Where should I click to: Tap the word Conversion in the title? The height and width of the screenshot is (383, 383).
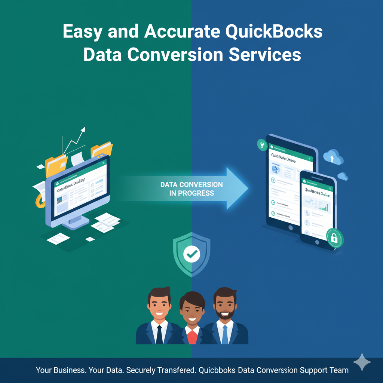[175, 55]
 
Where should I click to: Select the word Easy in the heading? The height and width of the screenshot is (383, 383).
[83, 32]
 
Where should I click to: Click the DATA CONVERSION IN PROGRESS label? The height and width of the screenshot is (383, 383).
[191, 189]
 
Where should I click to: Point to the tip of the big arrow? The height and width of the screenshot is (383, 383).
[247, 188]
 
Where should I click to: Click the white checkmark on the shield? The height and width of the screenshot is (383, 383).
[192, 255]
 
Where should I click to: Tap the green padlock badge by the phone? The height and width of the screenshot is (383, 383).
[334, 238]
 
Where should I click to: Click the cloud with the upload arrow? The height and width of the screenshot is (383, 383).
[333, 157]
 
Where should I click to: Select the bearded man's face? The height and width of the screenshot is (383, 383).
[224, 303]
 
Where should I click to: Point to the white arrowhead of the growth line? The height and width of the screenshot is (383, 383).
[83, 130]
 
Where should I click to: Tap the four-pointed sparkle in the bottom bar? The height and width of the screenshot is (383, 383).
[362, 362]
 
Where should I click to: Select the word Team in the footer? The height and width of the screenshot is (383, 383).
[339, 370]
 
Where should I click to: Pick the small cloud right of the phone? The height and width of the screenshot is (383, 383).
[343, 176]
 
